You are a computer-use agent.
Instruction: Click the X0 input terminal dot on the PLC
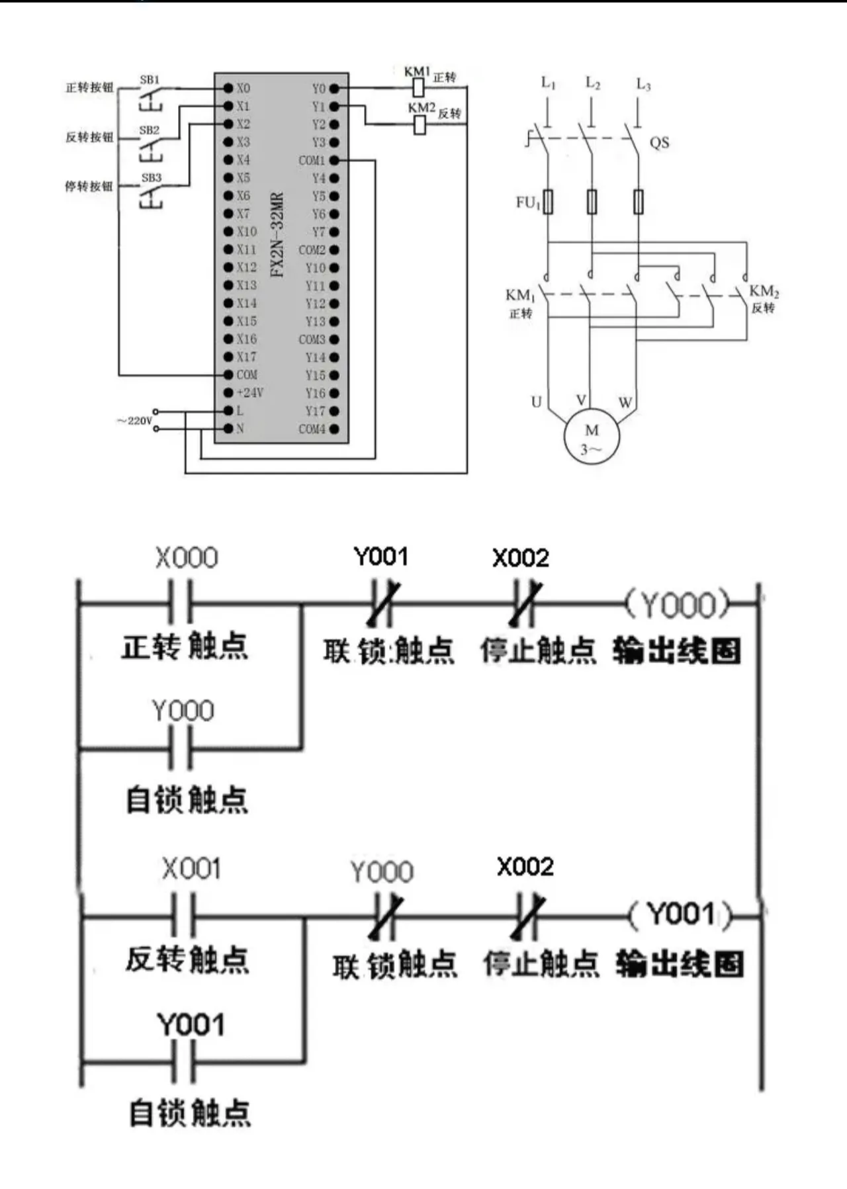click(228, 88)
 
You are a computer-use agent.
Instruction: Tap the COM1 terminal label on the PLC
click(312, 161)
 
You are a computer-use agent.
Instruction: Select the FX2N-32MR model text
click(277, 235)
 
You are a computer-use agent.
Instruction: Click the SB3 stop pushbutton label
click(151, 178)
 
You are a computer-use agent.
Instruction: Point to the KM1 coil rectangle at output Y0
click(418, 87)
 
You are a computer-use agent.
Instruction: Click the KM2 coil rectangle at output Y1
click(420, 124)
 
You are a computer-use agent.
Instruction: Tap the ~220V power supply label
click(134, 421)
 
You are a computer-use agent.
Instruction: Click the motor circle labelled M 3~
click(591, 437)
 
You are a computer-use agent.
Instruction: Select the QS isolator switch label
click(659, 142)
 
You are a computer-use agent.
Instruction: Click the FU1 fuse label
click(528, 202)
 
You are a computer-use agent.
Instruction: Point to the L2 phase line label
click(592, 83)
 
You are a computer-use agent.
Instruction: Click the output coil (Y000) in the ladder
click(679, 604)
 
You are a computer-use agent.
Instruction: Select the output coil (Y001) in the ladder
click(681, 915)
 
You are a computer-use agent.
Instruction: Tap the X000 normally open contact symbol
click(180, 603)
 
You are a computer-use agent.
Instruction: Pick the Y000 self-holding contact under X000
click(180, 748)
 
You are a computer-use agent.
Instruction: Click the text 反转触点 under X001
click(187, 959)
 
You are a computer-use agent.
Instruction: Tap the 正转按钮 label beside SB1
click(89, 88)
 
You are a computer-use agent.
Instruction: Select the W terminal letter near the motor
click(625, 402)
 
